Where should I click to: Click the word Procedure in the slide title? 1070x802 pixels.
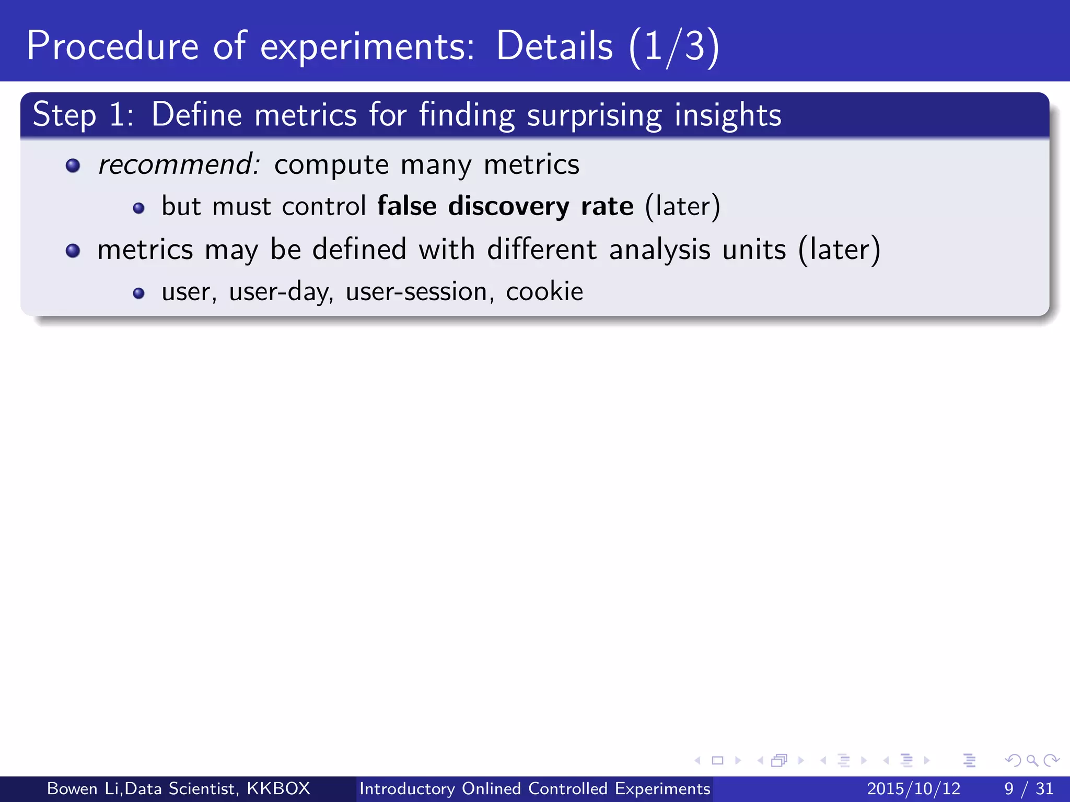112,46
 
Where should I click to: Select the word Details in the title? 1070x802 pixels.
554,46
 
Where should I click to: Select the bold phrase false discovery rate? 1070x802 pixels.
505,206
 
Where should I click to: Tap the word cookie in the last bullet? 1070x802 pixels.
544,291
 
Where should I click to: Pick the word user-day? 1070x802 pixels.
281,291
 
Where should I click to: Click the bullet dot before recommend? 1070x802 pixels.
73,166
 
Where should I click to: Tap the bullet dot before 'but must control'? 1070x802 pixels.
138,208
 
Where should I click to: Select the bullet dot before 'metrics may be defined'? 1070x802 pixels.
73,251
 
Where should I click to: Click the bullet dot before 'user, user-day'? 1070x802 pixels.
138,293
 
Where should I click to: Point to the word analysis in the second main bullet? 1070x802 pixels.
659,250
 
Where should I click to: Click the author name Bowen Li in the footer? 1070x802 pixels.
83,788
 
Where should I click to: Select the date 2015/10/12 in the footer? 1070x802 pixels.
913,788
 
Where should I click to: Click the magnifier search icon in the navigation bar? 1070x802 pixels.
1032,760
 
